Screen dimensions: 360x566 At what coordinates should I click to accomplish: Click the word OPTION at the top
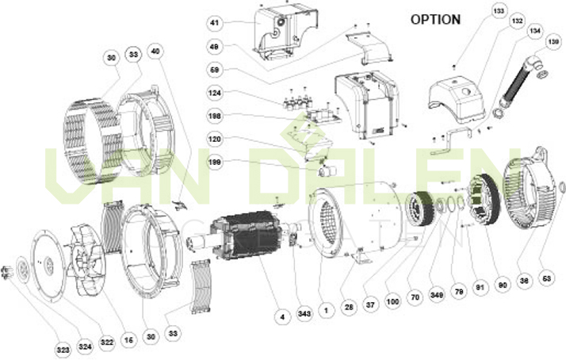[x=435, y=19]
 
